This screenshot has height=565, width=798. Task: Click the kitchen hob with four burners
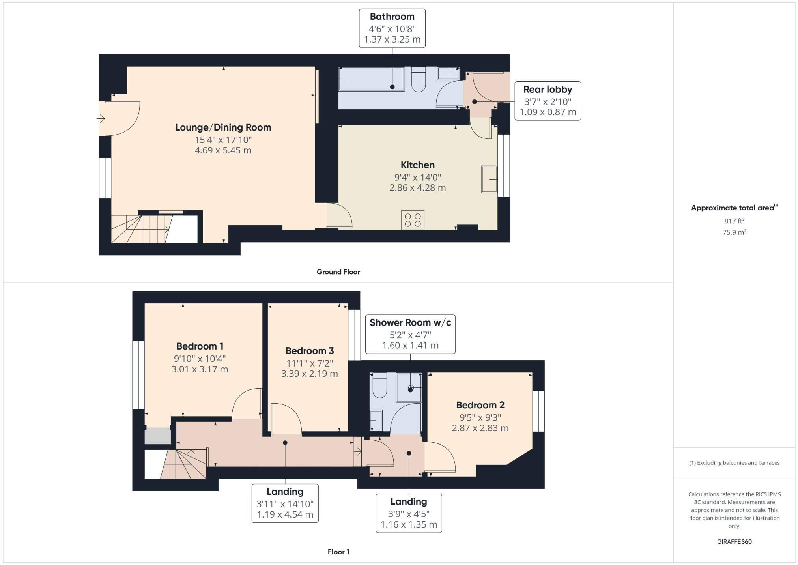[x=413, y=220]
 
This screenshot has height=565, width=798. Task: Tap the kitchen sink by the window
[x=489, y=180]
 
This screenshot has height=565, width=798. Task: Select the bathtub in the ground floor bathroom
[x=371, y=79]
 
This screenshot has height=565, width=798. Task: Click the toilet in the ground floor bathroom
[x=418, y=80]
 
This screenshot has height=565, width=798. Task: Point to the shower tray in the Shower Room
[x=409, y=387]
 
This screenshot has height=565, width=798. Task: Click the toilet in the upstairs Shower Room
[x=379, y=385]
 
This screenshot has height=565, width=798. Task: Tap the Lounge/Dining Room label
[x=223, y=127]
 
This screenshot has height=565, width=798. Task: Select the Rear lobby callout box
[x=547, y=101]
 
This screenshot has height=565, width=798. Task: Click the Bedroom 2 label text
[x=480, y=405]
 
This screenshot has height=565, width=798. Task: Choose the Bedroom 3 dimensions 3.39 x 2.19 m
[x=309, y=374]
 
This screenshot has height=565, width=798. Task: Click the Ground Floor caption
[x=338, y=272]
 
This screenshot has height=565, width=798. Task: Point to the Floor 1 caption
[x=338, y=552]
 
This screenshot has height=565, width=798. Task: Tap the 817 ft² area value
[x=734, y=221]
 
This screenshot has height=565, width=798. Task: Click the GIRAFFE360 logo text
[x=734, y=542]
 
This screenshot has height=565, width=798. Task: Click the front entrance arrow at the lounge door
[x=101, y=118]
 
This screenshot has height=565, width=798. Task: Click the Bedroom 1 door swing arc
[x=245, y=403]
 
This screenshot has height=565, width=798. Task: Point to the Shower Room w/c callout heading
[x=410, y=322]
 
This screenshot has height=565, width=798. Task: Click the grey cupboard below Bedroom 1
[x=157, y=436]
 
